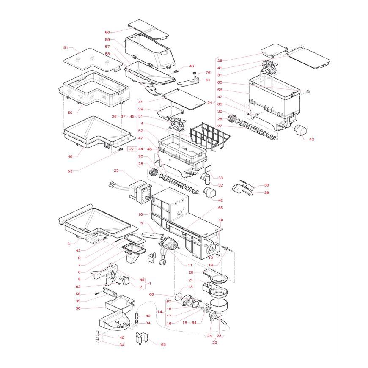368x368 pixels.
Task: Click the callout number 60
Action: click(107, 33)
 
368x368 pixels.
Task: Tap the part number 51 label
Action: click(66, 48)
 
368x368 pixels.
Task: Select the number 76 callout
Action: click(208, 73)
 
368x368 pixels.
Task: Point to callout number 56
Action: click(220, 90)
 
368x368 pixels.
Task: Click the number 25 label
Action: click(116, 170)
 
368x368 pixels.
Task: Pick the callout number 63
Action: click(163, 345)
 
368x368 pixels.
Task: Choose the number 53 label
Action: click(70, 171)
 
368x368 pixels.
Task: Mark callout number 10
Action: click(140, 214)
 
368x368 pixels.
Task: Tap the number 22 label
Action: click(215, 343)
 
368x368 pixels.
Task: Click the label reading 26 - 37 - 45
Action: click(123, 117)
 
